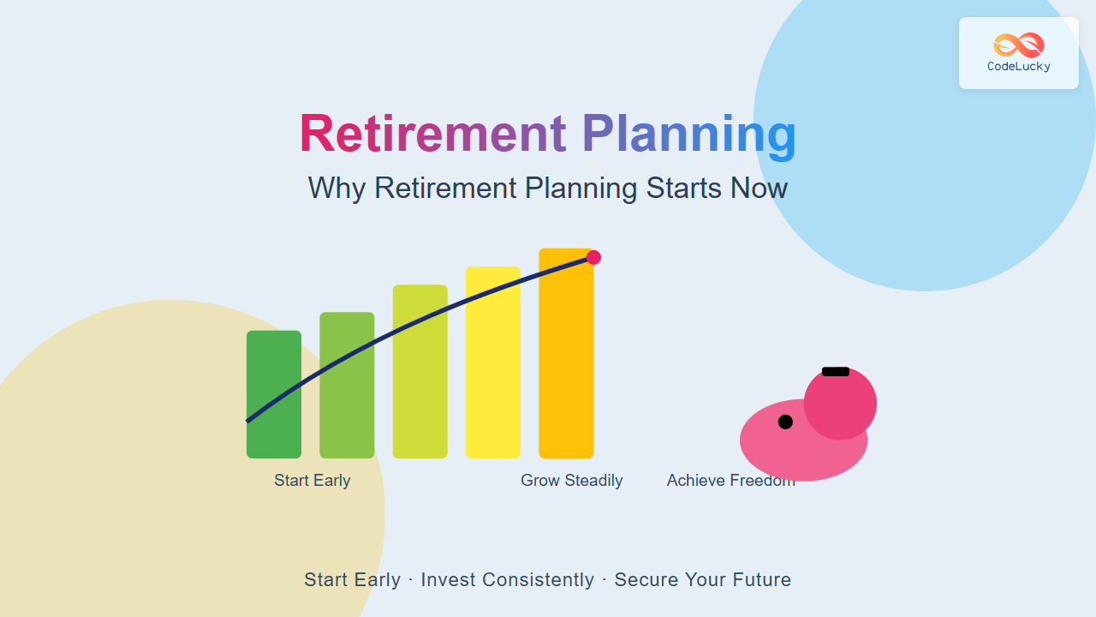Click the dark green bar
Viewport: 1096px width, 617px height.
point(274,394)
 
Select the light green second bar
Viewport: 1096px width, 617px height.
point(347,385)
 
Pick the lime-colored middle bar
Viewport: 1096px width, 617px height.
point(420,371)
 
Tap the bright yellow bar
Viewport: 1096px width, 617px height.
point(493,362)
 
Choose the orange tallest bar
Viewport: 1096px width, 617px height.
point(566,353)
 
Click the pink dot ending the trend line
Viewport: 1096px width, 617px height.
point(593,258)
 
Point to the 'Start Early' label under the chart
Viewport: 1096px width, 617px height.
point(313,481)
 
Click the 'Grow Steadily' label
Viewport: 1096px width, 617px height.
point(571,481)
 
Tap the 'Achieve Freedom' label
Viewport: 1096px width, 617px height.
point(731,481)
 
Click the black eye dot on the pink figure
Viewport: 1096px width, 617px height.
point(785,422)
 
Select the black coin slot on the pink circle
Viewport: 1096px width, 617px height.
point(836,372)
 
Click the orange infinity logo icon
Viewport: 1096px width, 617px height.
point(1019,45)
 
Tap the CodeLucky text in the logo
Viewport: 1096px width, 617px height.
point(1019,67)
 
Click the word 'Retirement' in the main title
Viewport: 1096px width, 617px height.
point(433,133)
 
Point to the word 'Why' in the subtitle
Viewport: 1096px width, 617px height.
point(337,189)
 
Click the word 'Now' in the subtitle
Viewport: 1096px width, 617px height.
point(759,188)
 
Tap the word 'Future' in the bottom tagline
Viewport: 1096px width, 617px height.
point(760,580)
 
